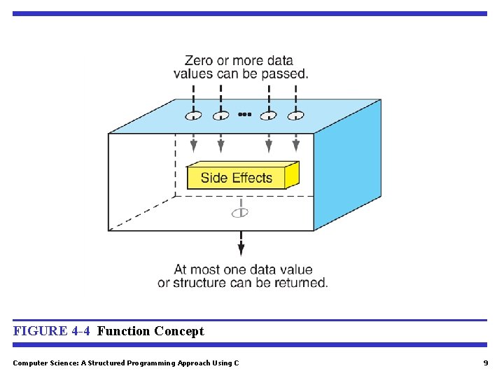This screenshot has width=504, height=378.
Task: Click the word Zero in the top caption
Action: click(199, 61)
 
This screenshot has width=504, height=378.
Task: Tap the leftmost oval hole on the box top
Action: click(194, 115)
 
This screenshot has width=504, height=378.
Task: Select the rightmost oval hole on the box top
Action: click(295, 115)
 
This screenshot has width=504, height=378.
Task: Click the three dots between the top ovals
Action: click(244, 113)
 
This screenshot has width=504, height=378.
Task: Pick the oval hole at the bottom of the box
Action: click(240, 212)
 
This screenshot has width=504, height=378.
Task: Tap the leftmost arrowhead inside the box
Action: click(194, 146)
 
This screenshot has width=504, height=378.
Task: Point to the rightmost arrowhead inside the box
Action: click(295, 146)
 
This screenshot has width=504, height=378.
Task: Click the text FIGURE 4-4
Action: click(51, 331)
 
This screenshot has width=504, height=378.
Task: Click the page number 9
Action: click(485, 363)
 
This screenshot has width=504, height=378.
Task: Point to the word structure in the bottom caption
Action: click(199, 283)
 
